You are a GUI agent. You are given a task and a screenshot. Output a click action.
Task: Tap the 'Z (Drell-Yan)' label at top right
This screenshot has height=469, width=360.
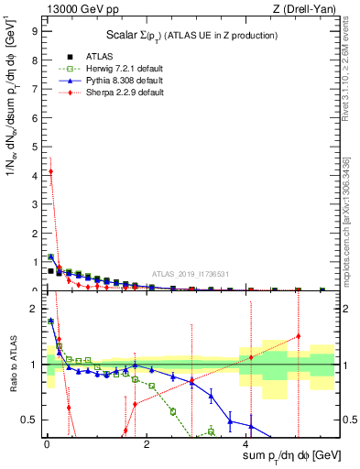tap(309, 9)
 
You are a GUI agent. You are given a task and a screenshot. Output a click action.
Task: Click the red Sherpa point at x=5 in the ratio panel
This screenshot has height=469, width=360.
tap(298, 335)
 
